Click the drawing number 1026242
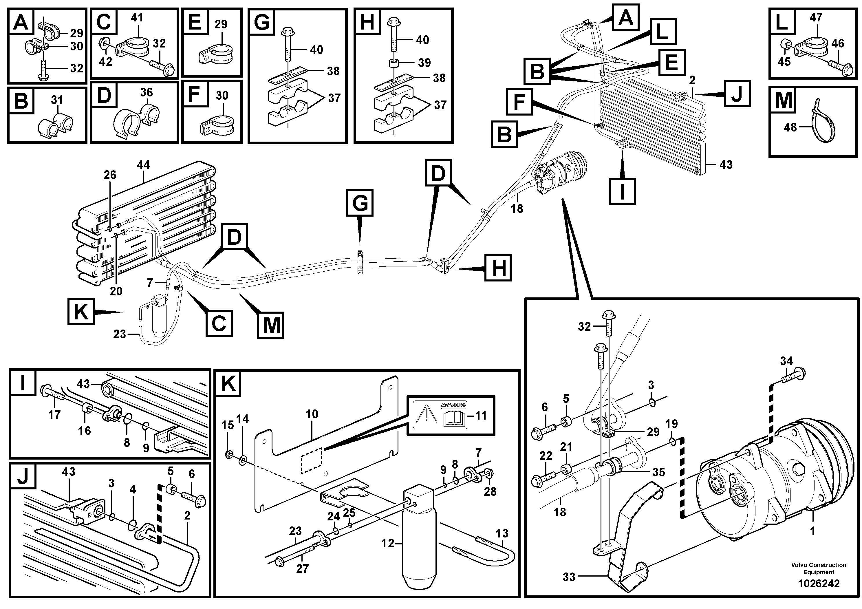(819, 584)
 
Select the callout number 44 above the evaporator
(143, 164)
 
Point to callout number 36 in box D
(147, 92)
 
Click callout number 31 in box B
(57, 100)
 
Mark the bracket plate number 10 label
(312, 414)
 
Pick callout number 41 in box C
(138, 17)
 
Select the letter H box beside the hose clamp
(498, 268)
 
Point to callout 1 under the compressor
(813, 532)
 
